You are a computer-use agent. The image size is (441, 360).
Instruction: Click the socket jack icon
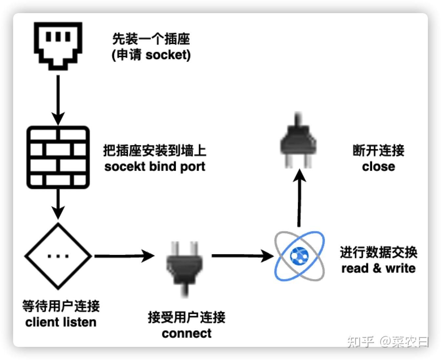point(58,46)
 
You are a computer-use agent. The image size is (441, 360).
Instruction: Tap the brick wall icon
point(58,157)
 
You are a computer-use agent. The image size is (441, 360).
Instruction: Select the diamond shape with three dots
point(58,256)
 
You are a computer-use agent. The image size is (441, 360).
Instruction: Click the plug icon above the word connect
point(184,269)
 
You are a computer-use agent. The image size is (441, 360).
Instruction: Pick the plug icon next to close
point(298,140)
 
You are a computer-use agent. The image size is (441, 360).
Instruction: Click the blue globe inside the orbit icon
point(299,256)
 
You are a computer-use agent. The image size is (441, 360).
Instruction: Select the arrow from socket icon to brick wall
point(58,100)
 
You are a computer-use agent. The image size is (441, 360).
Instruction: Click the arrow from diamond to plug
point(125,256)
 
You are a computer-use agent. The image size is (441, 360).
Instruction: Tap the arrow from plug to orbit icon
point(242,256)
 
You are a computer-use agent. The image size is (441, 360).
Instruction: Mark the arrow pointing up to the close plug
point(299,198)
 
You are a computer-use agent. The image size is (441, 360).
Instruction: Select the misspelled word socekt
point(125,167)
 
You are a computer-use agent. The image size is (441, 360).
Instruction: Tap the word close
point(378,167)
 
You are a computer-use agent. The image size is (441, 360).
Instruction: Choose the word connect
point(186,333)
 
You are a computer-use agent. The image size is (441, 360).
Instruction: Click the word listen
point(80,322)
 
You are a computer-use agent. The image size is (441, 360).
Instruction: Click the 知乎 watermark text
point(360,342)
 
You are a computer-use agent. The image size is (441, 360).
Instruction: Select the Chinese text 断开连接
point(378,150)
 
